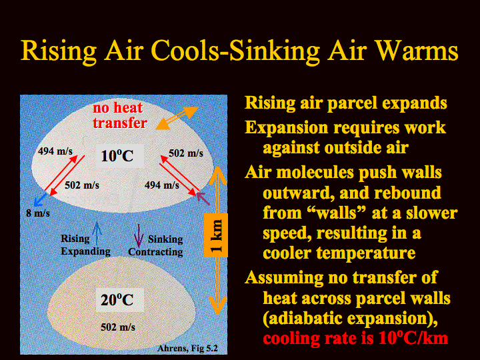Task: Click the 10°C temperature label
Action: point(117,156)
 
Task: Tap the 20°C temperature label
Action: point(117,300)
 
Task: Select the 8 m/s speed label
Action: point(38,213)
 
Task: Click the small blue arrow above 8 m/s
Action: point(40,199)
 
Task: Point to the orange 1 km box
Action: point(216,236)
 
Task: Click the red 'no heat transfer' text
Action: point(119,115)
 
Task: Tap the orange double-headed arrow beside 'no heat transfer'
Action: point(177,118)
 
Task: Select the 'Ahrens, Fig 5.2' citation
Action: point(187,349)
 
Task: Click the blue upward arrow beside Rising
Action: point(97,234)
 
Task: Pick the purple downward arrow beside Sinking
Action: point(139,235)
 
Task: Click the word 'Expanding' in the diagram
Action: point(86,251)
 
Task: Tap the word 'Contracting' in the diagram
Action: point(155,251)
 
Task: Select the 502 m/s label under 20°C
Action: point(118,327)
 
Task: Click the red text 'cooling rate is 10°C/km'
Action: point(355,338)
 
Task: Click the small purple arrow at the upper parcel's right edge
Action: point(203,199)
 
